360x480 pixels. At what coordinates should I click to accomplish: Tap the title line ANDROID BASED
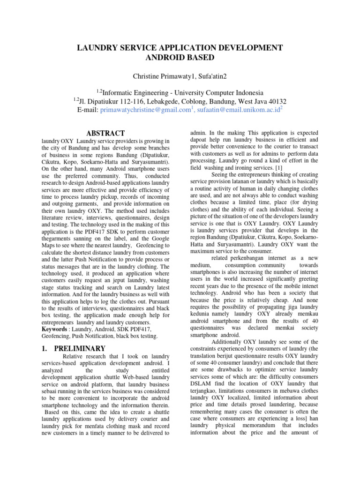point(180,58)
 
